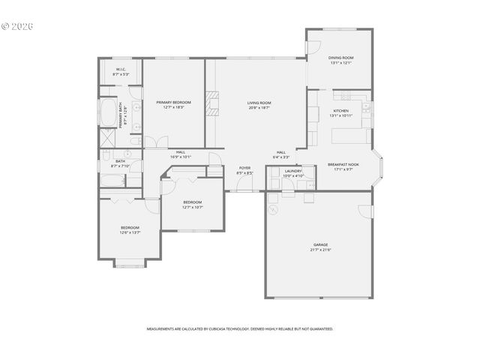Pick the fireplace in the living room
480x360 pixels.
tap(214, 103)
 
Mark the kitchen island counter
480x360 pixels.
tap(351, 136)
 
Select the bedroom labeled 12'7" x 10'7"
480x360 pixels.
tap(193, 205)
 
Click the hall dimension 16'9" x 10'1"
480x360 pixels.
tap(181, 157)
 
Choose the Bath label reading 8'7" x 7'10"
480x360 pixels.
tap(120, 163)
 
